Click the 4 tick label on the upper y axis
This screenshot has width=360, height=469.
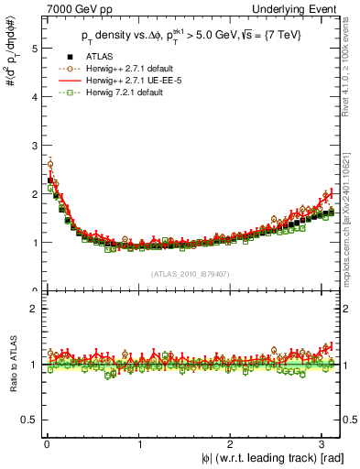click(x=34, y=98)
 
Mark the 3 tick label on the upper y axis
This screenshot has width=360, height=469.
click(x=34, y=147)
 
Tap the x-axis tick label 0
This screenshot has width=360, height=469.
click(x=47, y=443)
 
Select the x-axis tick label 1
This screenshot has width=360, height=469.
click(x=139, y=443)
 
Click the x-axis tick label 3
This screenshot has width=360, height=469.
click(x=323, y=443)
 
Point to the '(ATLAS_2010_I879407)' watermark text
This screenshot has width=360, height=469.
click(x=191, y=274)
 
